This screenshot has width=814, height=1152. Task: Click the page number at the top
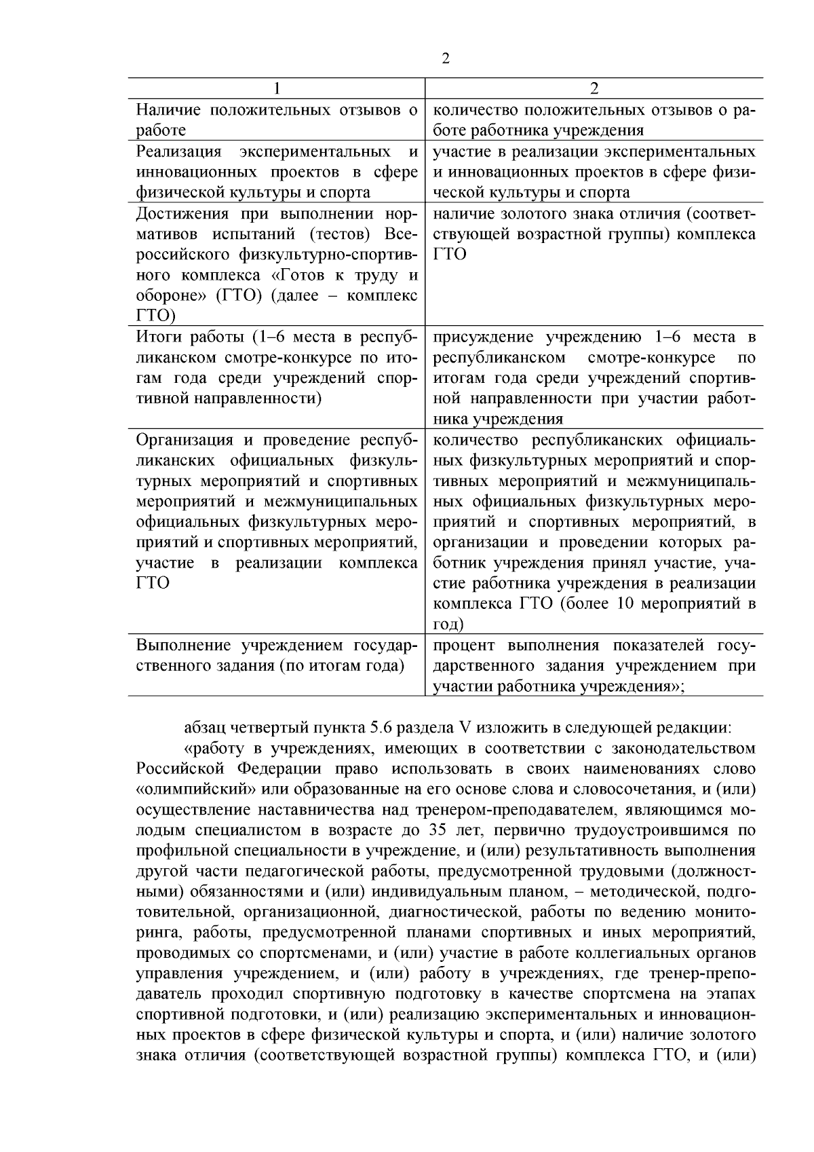446,58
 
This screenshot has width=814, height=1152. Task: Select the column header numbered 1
276,89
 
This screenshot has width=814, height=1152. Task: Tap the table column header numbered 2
594,89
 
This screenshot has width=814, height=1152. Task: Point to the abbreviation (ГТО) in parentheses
235,296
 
